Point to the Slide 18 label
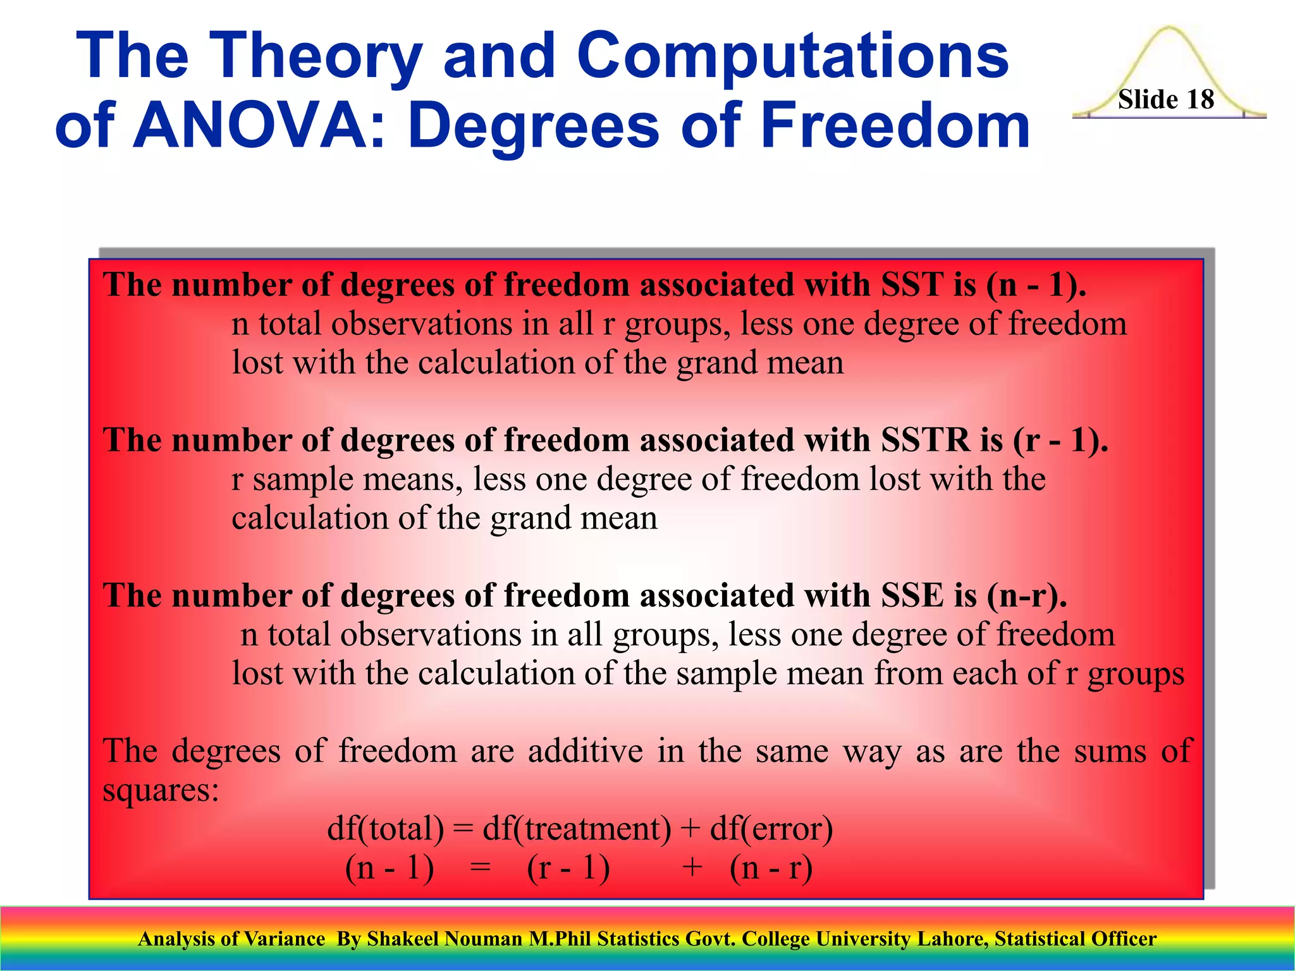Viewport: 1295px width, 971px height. pos(1166,100)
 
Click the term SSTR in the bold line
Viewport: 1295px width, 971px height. pos(925,441)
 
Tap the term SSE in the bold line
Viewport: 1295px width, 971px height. pos(912,596)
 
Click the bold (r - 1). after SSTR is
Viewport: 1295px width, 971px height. pos(1060,441)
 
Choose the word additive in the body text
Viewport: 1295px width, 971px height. pos(585,752)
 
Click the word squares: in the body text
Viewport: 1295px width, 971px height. pos(161,790)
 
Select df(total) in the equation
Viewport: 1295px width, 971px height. pos(386,829)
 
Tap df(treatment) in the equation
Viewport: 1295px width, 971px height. pos(577,829)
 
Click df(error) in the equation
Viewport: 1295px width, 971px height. pos(771,829)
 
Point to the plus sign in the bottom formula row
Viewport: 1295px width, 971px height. pos(692,867)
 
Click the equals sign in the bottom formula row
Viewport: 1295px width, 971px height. pos(481,867)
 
